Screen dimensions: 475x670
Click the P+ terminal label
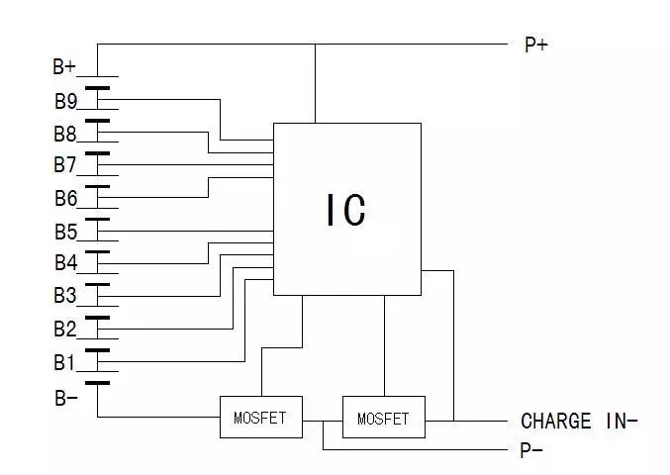click(535, 45)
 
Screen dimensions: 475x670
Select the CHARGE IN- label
click(579, 422)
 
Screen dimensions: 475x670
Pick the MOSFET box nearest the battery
click(260, 419)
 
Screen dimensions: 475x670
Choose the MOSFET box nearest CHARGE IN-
click(383, 419)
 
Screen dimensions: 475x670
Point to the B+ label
click(64, 67)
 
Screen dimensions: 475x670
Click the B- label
click(64, 399)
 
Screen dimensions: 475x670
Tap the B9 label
click(65, 100)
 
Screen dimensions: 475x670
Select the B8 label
click(65, 133)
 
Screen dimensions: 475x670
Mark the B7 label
click(65, 164)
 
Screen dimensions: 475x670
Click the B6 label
click(65, 198)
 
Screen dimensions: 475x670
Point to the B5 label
click(65, 233)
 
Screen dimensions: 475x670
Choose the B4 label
click(65, 263)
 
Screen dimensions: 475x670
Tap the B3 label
click(65, 295)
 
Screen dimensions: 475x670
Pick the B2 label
click(65, 328)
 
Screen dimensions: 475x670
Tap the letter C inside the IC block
click(356, 210)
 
